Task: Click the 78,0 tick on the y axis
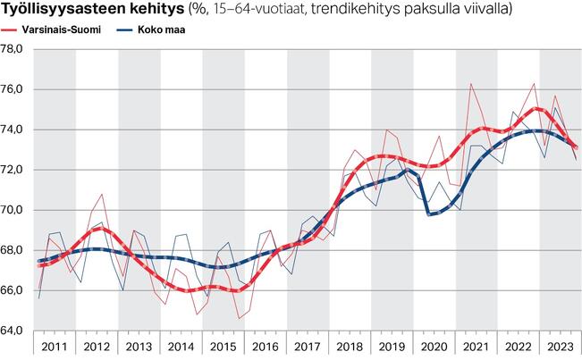pos(15,49)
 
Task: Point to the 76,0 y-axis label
pos(15,89)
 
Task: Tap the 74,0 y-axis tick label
pos(15,130)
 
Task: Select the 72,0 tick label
pos(15,170)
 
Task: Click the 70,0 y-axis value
pos(15,210)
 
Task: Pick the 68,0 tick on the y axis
pos(15,250)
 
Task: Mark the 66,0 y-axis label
pos(15,290)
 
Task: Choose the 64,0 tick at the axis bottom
pos(15,331)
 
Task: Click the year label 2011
pos(55,346)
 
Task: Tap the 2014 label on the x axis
pos(181,346)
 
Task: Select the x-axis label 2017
pos(308,346)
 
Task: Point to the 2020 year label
pos(434,346)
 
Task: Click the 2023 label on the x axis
pos(560,346)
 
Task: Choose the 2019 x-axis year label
pos(392,346)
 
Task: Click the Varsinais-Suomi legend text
pos(60,29)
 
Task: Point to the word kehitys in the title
pos(154,10)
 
